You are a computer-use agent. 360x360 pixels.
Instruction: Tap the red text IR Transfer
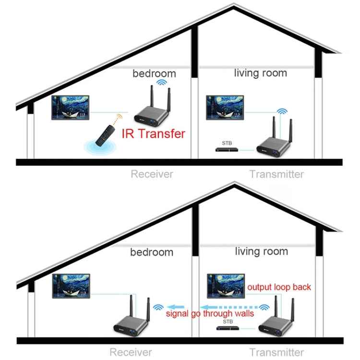tap(153, 133)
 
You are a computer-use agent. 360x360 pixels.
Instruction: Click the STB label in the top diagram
tap(227, 143)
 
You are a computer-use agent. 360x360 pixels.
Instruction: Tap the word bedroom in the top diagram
tap(154, 73)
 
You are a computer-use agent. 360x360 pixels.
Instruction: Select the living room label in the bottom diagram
tap(262, 251)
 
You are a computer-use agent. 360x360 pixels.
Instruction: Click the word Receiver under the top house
tap(152, 174)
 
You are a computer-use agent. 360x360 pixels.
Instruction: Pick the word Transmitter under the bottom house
tap(276, 352)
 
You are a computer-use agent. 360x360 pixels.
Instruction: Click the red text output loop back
tap(279, 287)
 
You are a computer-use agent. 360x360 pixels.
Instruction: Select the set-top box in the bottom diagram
tap(227, 329)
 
